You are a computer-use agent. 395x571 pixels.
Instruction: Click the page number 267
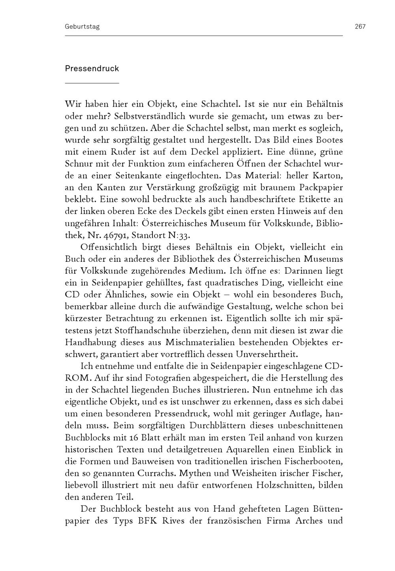coord(360,27)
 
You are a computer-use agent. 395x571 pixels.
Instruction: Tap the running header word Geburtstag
coord(82,27)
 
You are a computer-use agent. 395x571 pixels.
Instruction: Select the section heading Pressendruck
coord(92,69)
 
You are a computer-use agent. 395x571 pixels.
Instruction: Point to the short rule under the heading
coord(92,83)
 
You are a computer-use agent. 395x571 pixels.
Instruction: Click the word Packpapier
coord(321,188)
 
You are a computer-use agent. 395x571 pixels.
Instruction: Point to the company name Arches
coord(307,520)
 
